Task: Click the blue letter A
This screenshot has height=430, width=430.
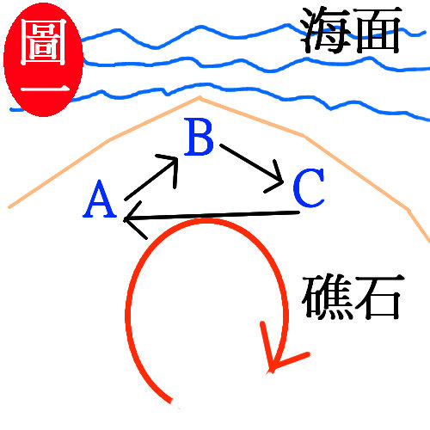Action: (x=100, y=199)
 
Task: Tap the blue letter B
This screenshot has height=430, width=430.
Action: (x=200, y=137)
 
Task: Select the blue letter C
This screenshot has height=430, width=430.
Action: (x=309, y=187)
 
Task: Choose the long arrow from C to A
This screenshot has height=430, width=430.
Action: (x=212, y=216)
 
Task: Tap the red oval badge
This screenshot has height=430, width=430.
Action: (x=43, y=59)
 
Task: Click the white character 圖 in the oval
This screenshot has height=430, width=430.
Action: (x=43, y=42)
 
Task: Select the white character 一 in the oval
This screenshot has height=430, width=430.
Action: (x=45, y=89)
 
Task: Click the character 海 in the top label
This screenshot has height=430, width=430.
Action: (x=326, y=31)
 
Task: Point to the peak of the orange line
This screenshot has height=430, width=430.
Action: (x=200, y=97)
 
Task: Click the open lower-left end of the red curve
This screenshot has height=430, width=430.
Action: (x=171, y=401)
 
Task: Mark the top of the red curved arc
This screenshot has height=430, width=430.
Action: (x=209, y=220)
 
